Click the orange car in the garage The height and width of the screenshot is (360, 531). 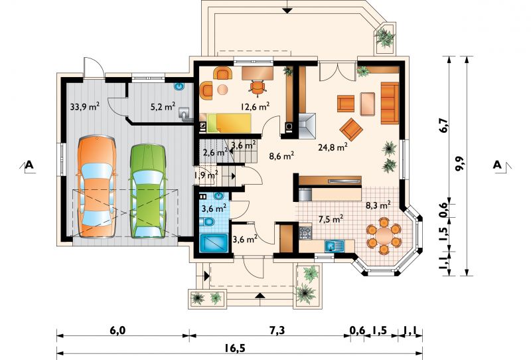[x=97, y=187]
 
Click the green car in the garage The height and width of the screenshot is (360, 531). [x=148, y=191]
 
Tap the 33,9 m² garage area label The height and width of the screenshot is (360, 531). [x=85, y=107]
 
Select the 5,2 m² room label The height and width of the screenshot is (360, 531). [x=163, y=107]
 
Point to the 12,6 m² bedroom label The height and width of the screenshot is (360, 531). [x=255, y=107]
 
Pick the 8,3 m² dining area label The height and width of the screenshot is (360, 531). [x=378, y=205]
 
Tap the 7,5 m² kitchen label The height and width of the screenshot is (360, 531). [x=331, y=219]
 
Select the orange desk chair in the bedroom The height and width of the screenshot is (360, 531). [x=258, y=86]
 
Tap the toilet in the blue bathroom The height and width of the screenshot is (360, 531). [x=207, y=223]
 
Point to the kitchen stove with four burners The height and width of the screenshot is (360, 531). [x=305, y=232]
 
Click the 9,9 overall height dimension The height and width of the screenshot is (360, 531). [x=460, y=165]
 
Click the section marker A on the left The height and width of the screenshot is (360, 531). [x=29, y=165]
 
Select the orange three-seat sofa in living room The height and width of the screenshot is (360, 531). [x=390, y=103]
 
